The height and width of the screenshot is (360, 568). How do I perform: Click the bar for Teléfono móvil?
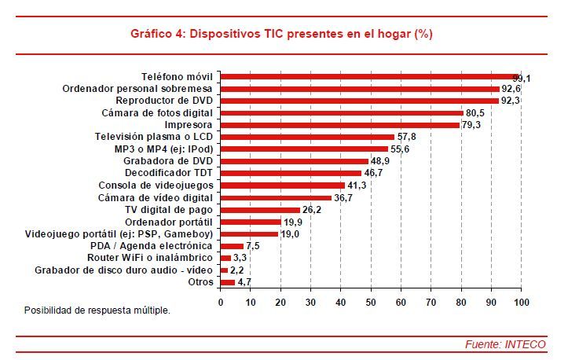point(369,77)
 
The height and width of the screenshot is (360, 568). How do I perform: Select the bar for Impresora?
point(339,124)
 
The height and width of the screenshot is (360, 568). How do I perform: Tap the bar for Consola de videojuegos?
point(283,186)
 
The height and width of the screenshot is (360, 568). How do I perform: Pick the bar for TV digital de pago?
point(260,210)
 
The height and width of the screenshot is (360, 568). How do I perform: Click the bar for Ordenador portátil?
point(251,222)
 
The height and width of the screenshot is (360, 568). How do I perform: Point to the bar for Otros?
point(228,281)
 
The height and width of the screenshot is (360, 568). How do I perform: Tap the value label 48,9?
point(381,161)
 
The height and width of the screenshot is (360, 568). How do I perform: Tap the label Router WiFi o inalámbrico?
point(149,258)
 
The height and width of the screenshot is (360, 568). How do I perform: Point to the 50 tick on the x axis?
point(371,302)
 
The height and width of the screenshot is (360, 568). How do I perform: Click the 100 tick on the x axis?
point(521,302)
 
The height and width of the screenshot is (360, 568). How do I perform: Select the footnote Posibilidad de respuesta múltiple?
point(97,310)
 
